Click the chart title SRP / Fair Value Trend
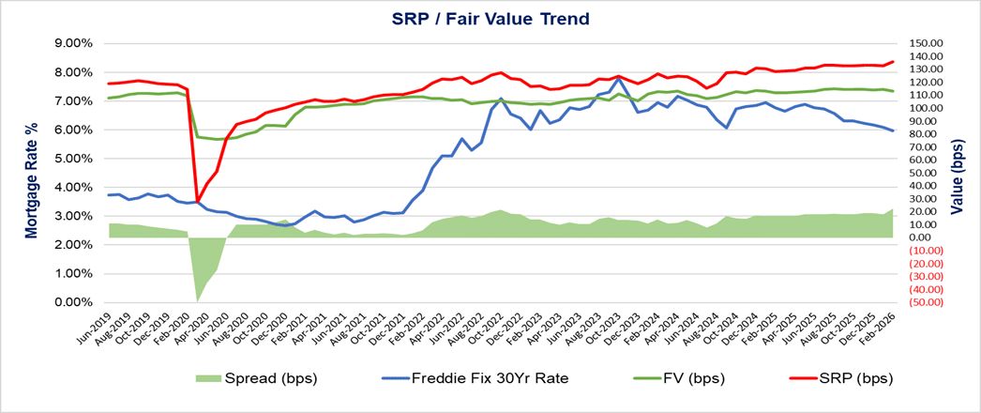(490, 18)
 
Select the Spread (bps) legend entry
(256, 378)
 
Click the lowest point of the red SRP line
(197, 201)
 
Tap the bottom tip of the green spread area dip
(197, 300)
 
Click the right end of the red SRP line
(892, 62)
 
